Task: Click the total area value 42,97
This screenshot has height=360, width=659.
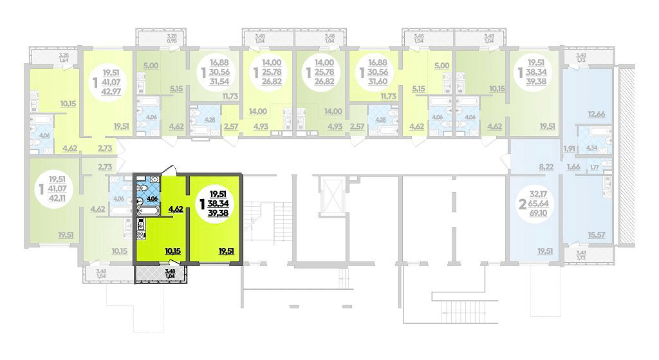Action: (x=115, y=95)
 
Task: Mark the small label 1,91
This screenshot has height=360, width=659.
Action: (x=569, y=149)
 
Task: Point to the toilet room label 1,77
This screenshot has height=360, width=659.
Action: (x=594, y=168)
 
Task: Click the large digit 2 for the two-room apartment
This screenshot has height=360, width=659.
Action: (x=523, y=202)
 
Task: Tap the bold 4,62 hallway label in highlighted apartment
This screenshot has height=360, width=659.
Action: (x=175, y=209)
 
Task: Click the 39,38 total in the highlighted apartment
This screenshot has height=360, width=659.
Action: (x=218, y=213)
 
